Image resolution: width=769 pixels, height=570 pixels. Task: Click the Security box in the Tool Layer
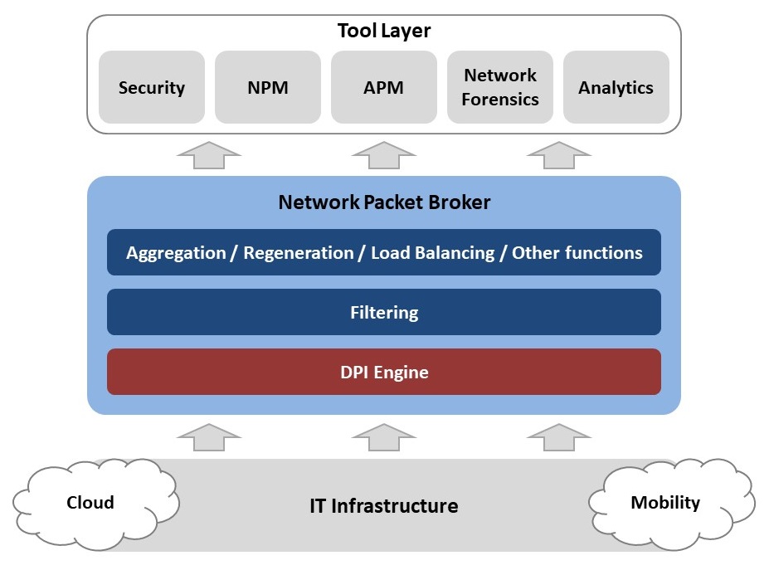152,87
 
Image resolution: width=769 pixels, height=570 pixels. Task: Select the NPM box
268,87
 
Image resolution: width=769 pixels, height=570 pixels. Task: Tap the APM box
384,87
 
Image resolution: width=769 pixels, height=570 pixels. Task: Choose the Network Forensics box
500,87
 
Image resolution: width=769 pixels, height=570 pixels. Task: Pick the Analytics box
616,87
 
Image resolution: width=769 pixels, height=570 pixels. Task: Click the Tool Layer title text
384,32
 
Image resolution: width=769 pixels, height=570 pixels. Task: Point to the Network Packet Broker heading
384,202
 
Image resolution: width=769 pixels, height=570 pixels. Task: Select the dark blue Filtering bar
384,312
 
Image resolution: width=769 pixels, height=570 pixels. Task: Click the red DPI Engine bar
384,372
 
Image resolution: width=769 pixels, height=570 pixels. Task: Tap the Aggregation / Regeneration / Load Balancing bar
384,252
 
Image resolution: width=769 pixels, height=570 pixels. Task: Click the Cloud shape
91,502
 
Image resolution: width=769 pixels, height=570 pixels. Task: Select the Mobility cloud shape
665,502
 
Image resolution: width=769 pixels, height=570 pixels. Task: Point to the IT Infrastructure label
383,505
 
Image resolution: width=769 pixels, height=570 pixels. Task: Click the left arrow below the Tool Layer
209,154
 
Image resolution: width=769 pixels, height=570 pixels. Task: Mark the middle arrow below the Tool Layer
383,154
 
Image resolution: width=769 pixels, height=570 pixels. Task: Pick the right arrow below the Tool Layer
557,154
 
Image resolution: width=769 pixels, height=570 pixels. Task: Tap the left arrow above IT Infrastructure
209,437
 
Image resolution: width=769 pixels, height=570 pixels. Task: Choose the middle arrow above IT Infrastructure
383,437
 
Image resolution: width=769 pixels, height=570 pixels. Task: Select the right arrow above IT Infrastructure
557,437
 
